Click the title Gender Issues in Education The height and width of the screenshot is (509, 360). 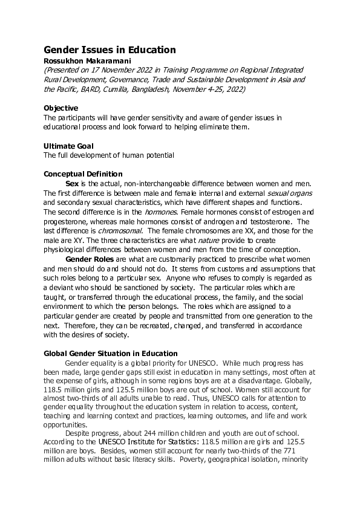tap(110, 50)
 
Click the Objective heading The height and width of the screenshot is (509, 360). tap(61, 108)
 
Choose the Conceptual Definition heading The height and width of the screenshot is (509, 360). tap(83, 174)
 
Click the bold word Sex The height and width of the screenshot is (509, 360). tap(72, 183)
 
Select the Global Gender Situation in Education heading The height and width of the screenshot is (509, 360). tap(111, 353)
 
